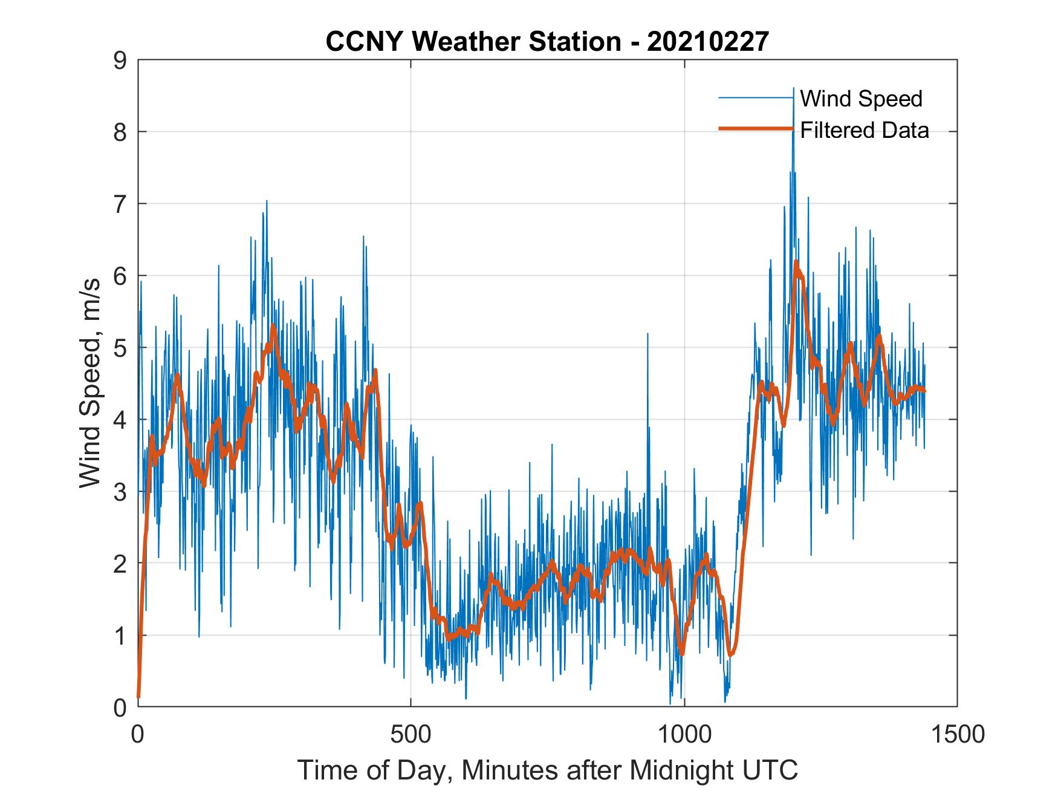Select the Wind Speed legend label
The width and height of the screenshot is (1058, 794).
[861, 99]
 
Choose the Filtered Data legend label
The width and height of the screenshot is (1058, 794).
[865, 130]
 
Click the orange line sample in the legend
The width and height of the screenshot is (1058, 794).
[756, 129]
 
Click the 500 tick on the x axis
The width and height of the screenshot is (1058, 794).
[411, 735]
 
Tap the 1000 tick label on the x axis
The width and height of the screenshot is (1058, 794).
[684, 735]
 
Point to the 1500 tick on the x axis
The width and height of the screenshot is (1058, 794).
[957, 735]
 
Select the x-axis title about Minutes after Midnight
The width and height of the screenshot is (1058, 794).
[547, 770]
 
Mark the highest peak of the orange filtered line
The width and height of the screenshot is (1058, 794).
[796, 262]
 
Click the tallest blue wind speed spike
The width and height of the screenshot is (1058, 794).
[793, 91]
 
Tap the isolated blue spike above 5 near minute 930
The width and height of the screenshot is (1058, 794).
[647, 334]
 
